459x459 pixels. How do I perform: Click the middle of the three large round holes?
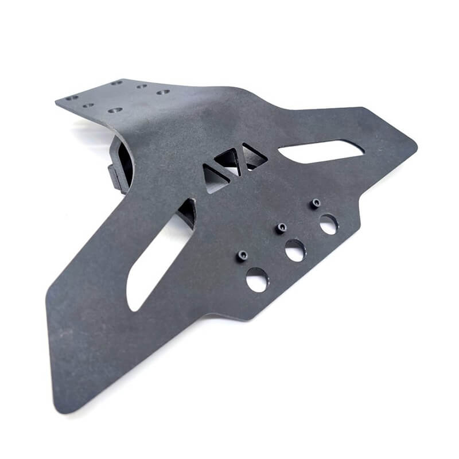click(295, 250)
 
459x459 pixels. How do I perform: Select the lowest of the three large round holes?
click(257, 279)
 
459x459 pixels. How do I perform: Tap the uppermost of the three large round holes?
click(329, 224)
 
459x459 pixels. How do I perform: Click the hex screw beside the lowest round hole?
click(243, 255)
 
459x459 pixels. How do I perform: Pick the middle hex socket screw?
click(281, 228)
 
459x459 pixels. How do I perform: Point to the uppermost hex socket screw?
click(315, 203)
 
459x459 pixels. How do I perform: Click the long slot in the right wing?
click(321, 151)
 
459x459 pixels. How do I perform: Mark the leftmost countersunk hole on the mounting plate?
click(71, 98)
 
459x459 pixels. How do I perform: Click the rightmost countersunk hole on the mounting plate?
click(163, 92)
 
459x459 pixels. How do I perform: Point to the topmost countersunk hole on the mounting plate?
click(117, 83)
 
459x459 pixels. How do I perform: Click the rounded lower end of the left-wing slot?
click(133, 304)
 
